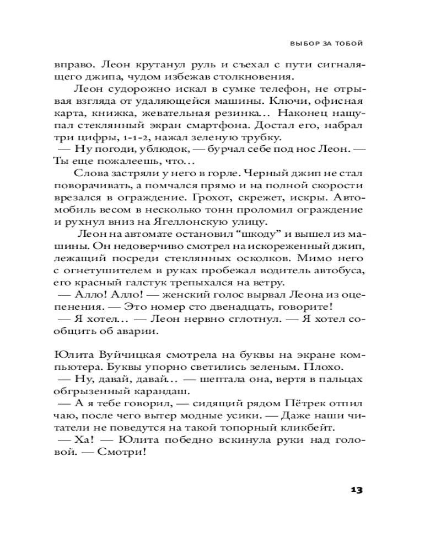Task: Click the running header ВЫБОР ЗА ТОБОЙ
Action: [326, 43]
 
